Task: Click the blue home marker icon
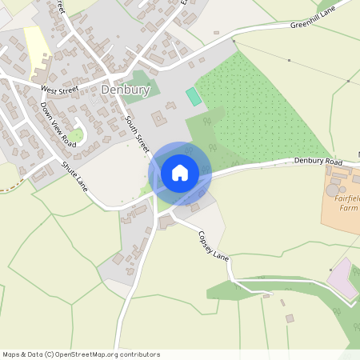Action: click(180, 172)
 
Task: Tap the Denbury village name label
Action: click(126, 90)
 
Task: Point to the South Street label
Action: click(138, 134)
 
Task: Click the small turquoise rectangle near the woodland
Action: click(193, 96)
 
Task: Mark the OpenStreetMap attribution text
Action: click(81, 354)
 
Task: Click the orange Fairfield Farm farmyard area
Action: click(340, 212)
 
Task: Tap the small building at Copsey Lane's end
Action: click(290, 318)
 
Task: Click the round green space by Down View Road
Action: click(78, 134)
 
